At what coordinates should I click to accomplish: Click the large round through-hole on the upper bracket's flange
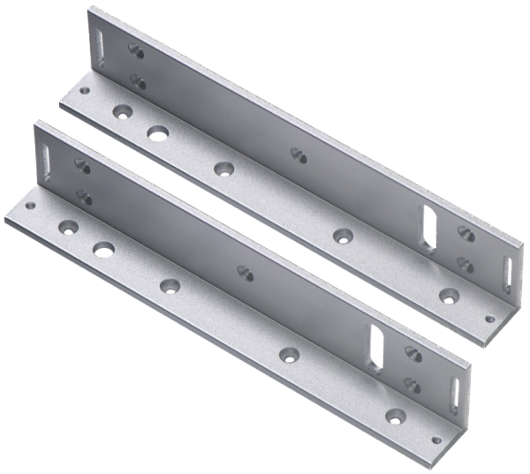[157, 132]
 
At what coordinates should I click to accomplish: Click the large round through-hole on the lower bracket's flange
[104, 248]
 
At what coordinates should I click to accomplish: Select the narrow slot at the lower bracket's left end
[45, 157]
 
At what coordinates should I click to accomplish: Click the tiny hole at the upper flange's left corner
[85, 88]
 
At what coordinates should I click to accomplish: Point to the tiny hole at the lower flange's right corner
[435, 434]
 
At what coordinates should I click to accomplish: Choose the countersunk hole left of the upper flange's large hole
[121, 112]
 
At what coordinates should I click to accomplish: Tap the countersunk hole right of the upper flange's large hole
[221, 168]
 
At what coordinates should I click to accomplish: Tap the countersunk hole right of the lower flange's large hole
[167, 285]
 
